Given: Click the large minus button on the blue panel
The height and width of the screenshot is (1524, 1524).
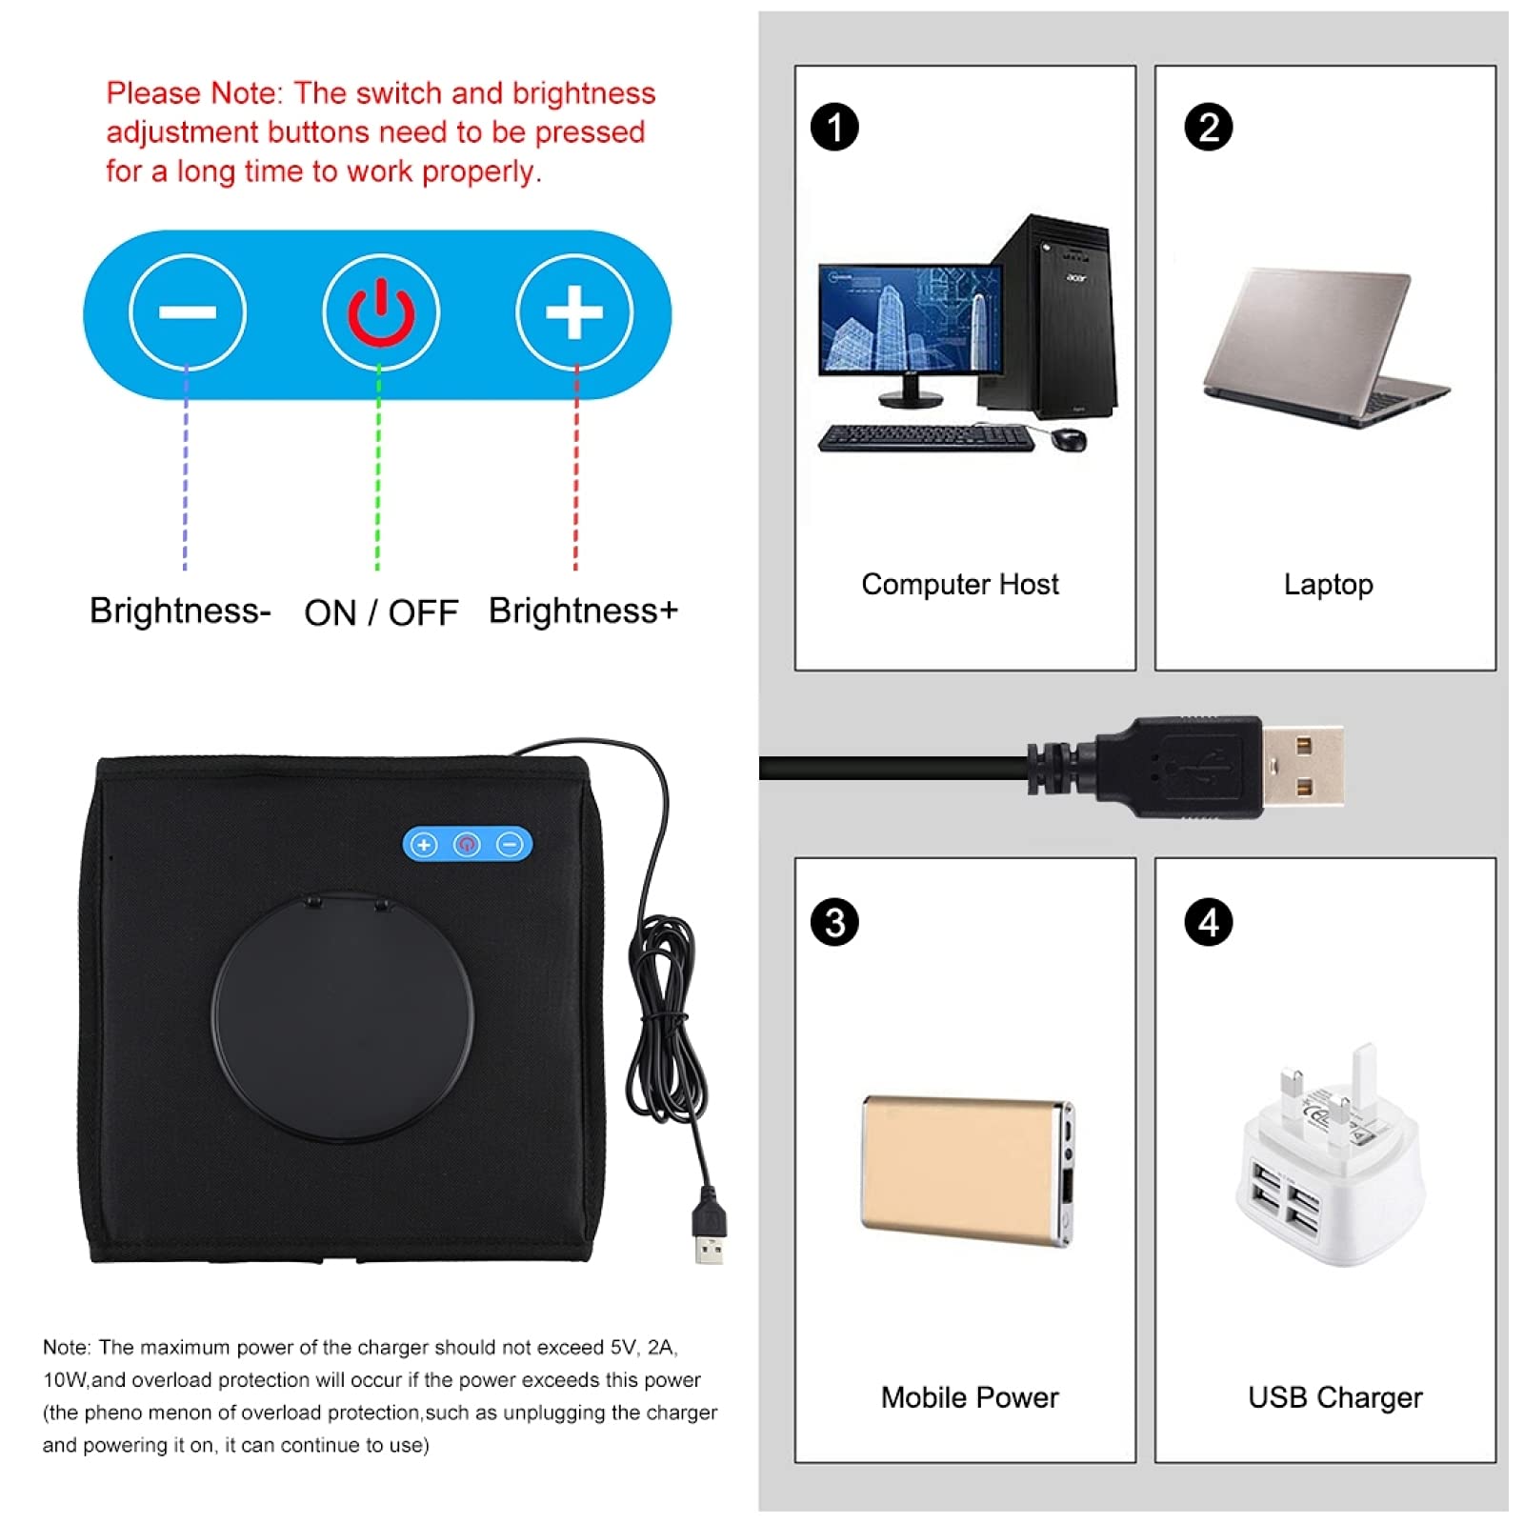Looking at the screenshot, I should tap(188, 311).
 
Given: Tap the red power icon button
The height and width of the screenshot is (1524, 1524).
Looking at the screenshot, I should tap(381, 311).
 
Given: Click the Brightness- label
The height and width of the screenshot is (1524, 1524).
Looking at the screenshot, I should tap(180, 611).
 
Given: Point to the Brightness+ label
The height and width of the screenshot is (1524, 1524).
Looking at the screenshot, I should tap(583, 611).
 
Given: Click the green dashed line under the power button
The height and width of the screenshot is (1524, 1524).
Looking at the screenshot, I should tap(378, 467).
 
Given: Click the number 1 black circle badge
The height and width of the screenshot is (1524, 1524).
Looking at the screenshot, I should tap(834, 128).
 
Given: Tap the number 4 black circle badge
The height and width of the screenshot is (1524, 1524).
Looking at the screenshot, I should tap(1208, 922).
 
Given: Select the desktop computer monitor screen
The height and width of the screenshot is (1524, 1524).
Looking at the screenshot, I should tap(910, 319).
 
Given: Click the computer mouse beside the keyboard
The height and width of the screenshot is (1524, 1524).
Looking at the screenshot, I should tap(1069, 439).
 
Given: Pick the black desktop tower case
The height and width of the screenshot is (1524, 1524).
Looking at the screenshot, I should tap(1053, 319).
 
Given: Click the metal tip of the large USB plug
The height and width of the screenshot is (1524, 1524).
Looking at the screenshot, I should tap(1303, 766).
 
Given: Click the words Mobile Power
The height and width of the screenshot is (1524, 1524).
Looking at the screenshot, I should tap(969, 1397).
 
